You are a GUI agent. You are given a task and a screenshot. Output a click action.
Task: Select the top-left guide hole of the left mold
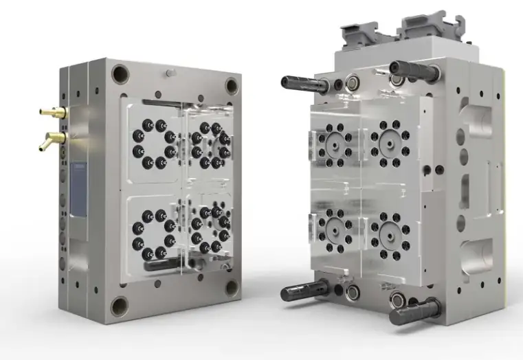[x=121, y=74]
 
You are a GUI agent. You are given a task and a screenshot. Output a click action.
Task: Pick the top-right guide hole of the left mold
[x=232, y=86]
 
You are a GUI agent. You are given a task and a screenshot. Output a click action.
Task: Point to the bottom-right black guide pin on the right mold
[x=414, y=312]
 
